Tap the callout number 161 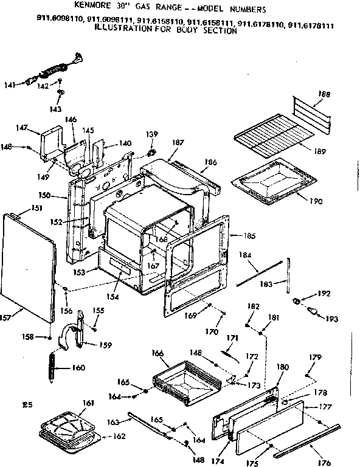[x=88, y=403]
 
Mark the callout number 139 [x=151, y=134]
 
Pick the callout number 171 [x=232, y=338]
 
